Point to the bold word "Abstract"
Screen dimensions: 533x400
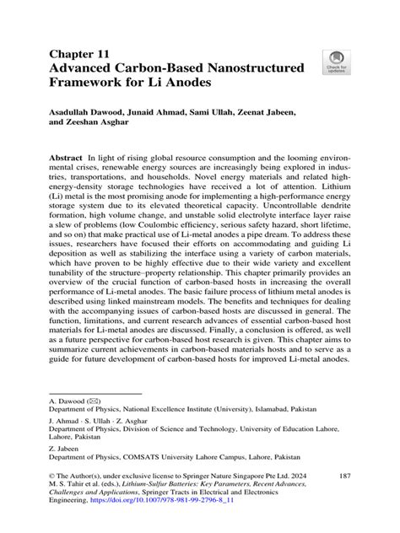(x=65, y=159)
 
